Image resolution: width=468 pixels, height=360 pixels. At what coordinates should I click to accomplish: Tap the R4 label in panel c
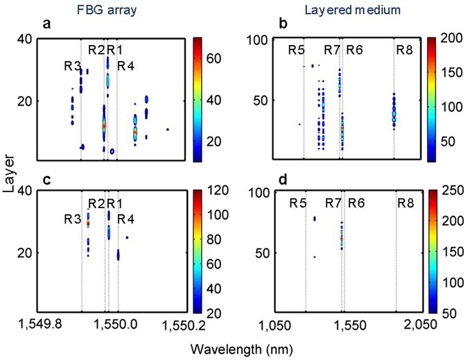pos(124,219)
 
